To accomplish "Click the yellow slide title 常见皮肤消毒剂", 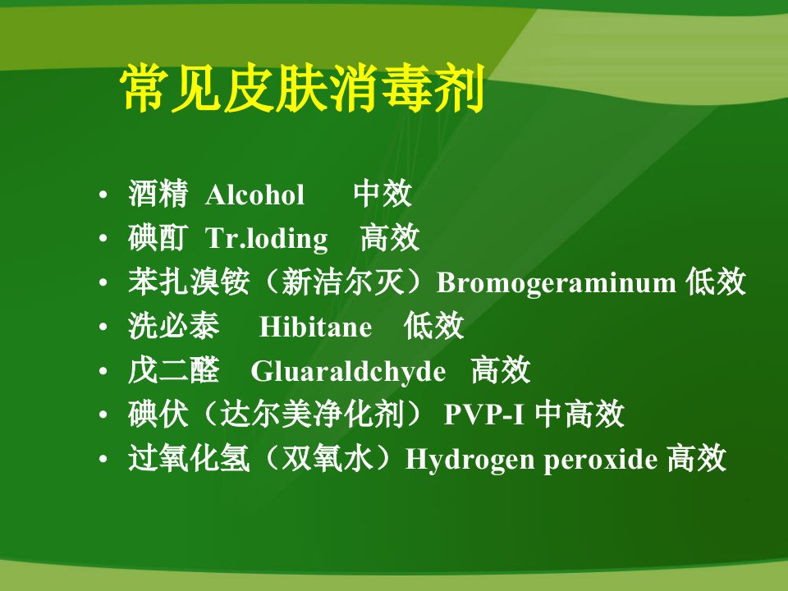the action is pos(302,89).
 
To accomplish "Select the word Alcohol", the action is pos(254,195).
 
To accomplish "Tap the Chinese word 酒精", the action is pos(158,194).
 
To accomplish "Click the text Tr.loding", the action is pos(266,239).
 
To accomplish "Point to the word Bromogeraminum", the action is pos(556,282).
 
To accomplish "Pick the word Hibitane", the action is pos(315,327).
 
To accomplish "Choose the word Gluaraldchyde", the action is pos(348,372).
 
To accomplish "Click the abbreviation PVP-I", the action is pos(484,415).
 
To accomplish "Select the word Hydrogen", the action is pos(470,460).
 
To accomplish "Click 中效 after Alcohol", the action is pos(383,194).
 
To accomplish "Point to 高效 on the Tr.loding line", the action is pos(389,238).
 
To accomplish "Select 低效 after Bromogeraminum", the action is pos(716,282).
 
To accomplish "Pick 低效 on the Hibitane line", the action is pos(433,326).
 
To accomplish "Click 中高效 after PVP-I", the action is pos(580,414).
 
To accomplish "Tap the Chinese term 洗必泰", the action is pos(174,326).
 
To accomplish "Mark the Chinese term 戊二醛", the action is pos(174,370).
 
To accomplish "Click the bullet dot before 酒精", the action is pos(103,195).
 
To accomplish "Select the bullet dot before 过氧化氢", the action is pos(103,459).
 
